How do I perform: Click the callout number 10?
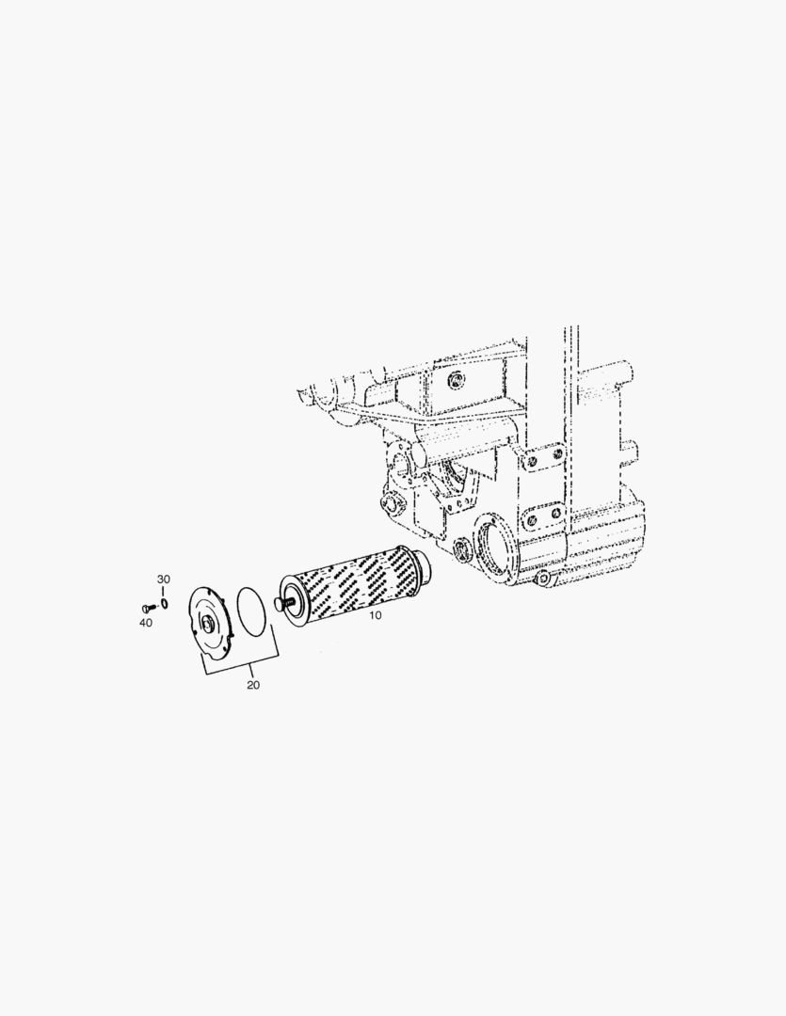point(376,615)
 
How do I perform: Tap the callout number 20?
point(253,685)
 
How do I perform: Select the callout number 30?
point(164,579)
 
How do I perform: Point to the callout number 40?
point(146,623)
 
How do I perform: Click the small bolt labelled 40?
point(147,609)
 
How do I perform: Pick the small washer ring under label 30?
point(165,604)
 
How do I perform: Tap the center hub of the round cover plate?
point(209,625)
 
